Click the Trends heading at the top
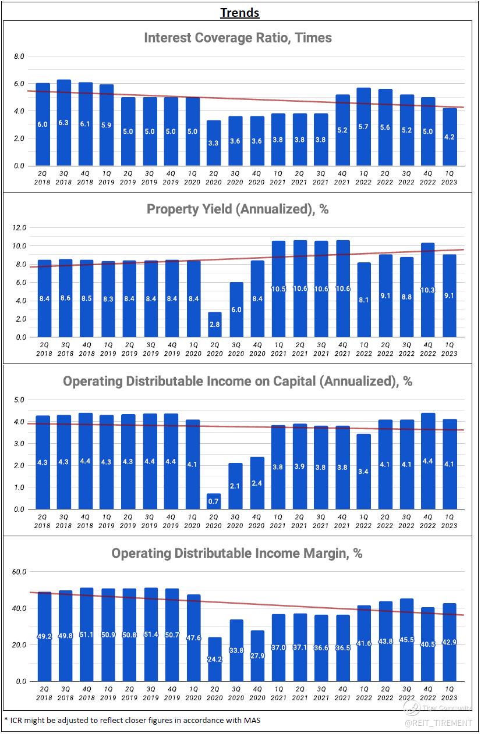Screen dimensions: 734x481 pyautogui.click(x=239, y=12)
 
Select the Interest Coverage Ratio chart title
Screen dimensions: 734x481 pyautogui.click(x=238, y=38)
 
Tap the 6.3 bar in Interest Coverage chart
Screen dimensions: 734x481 pyautogui.click(x=64, y=123)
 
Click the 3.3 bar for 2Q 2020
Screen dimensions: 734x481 pyautogui.click(x=214, y=143)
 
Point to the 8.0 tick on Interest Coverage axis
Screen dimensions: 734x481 pyautogui.click(x=19, y=56)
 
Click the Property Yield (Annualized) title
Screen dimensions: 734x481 pyautogui.click(x=238, y=209)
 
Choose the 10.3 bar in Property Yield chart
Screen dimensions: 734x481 pyautogui.click(x=428, y=290)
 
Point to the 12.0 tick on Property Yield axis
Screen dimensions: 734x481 pyautogui.click(x=20, y=227)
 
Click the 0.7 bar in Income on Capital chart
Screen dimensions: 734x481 pyautogui.click(x=214, y=501)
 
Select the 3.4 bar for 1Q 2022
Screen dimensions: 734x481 pyautogui.click(x=364, y=471)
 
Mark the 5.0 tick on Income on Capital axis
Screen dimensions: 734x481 pyautogui.click(x=19, y=400)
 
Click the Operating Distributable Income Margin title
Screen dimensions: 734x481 pyautogui.click(x=237, y=553)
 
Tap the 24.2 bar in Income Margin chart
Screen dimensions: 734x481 pyautogui.click(x=214, y=659)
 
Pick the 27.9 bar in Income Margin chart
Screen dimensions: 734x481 pyautogui.click(x=257, y=655)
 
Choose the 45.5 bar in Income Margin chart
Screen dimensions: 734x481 pyautogui.click(x=406, y=640)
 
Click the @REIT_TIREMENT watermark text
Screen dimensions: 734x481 pyautogui.click(x=438, y=722)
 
